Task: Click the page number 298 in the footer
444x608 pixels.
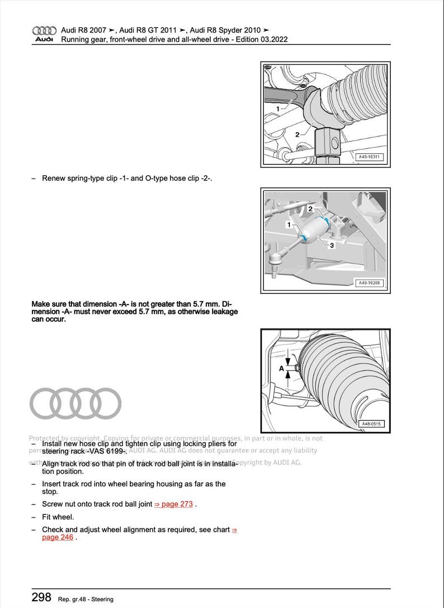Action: [x=42, y=597]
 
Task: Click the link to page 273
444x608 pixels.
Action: [x=173, y=504]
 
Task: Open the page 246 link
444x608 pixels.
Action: [x=57, y=537]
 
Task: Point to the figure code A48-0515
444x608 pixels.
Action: [x=370, y=424]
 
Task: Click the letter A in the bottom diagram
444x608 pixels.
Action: [x=282, y=368]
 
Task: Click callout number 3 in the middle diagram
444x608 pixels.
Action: [x=332, y=245]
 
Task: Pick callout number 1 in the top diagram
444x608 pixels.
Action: [x=277, y=108]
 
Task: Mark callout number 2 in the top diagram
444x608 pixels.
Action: [x=297, y=134]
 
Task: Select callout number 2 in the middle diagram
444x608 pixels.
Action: [x=310, y=209]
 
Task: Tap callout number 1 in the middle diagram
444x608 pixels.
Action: [x=289, y=225]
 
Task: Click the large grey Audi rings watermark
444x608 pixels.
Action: [x=75, y=404]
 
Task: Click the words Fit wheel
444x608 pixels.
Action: [x=58, y=517]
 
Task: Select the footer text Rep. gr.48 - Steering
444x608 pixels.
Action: [x=86, y=599]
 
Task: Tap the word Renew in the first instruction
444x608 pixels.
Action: [x=53, y=179]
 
